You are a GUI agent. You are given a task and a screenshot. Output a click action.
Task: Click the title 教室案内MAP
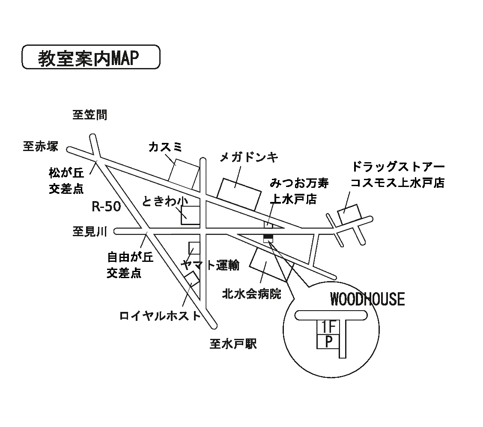pyautogui.click(x=90, y=58)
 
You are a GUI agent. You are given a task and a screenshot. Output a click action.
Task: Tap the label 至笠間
pyautogui.click(x=89, y=115)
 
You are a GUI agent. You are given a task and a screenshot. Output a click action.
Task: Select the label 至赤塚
pyautogui.click(x=41, y=146)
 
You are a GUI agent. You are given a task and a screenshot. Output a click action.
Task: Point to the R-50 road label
pyautogui.click(x=107, y=207)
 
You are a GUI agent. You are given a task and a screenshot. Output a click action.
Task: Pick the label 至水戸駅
pyautogui.click(x=233, y=344)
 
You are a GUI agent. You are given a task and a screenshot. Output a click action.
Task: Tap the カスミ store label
pyautogui.click(x=165, y=147)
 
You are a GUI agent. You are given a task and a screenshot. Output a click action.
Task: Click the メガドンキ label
pyautogui.click(x=249, y=157)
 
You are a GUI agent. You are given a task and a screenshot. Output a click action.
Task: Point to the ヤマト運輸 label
pyautogui.click(x=210, y=265)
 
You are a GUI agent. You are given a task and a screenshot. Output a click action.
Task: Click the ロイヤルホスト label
pyautogui.click(x=160, y=316)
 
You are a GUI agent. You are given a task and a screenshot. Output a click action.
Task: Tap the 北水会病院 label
pyautogui.click(x=251, y=294)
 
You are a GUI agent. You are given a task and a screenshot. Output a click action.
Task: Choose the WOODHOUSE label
pyautogui.click(x=367, y=299)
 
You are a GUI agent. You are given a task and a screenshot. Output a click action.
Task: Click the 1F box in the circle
pyautogui.click(x=328, y=328)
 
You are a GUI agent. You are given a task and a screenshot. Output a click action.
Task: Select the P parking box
pyautogui.click(x=328, y=342)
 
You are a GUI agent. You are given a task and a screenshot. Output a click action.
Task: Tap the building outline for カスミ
pyautogui.click(x=184, y=176)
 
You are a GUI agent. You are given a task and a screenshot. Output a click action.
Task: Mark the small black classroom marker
pyautogui.click(x=268, y=237)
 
